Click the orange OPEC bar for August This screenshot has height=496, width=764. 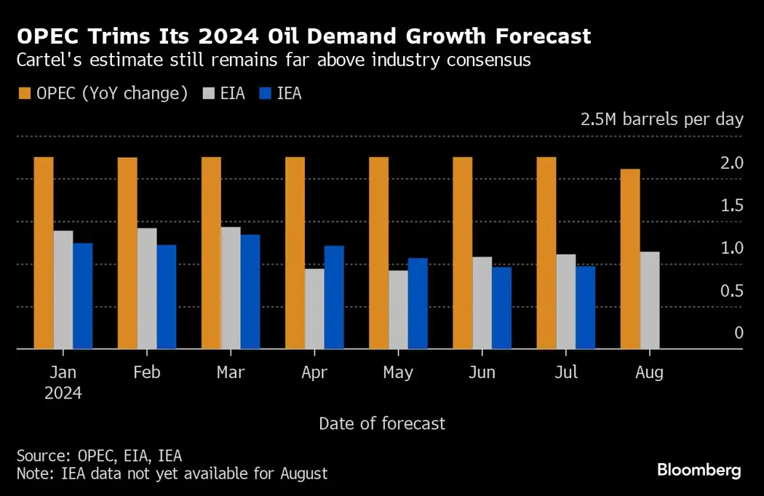tap(630, 259)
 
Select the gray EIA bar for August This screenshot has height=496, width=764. tap(650, 300)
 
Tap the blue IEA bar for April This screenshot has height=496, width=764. tap(334, 297)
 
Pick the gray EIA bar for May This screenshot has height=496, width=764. tap(398, 310)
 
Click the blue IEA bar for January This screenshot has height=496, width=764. tap(83, 296)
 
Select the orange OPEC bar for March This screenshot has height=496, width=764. tap(211, 253)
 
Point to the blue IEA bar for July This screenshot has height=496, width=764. tap(586, 308)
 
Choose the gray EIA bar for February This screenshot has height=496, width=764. tap(147, 289)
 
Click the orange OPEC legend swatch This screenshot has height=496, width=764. tap(23, 94)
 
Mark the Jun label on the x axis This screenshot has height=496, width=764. tap(482, 372)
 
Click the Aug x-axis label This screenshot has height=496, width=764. tap(649, 372)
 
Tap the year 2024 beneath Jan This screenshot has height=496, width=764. tap(63, 393)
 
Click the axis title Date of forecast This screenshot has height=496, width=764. tap(382, 423)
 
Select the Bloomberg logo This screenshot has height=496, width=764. tap(699, 470)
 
